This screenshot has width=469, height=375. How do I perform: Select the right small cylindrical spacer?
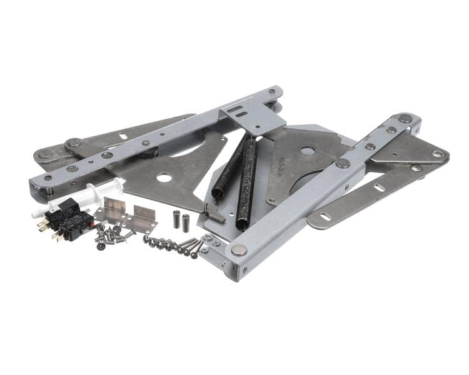pos(186,221)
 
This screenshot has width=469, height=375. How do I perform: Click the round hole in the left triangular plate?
pos(164,178)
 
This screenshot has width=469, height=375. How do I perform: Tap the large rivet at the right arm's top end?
pos(406,118)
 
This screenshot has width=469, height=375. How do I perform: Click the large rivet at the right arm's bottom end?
pos(238,249)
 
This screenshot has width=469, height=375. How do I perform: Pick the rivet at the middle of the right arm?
pos(343,163)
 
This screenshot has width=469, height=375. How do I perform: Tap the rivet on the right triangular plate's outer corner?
pos(438,154)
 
